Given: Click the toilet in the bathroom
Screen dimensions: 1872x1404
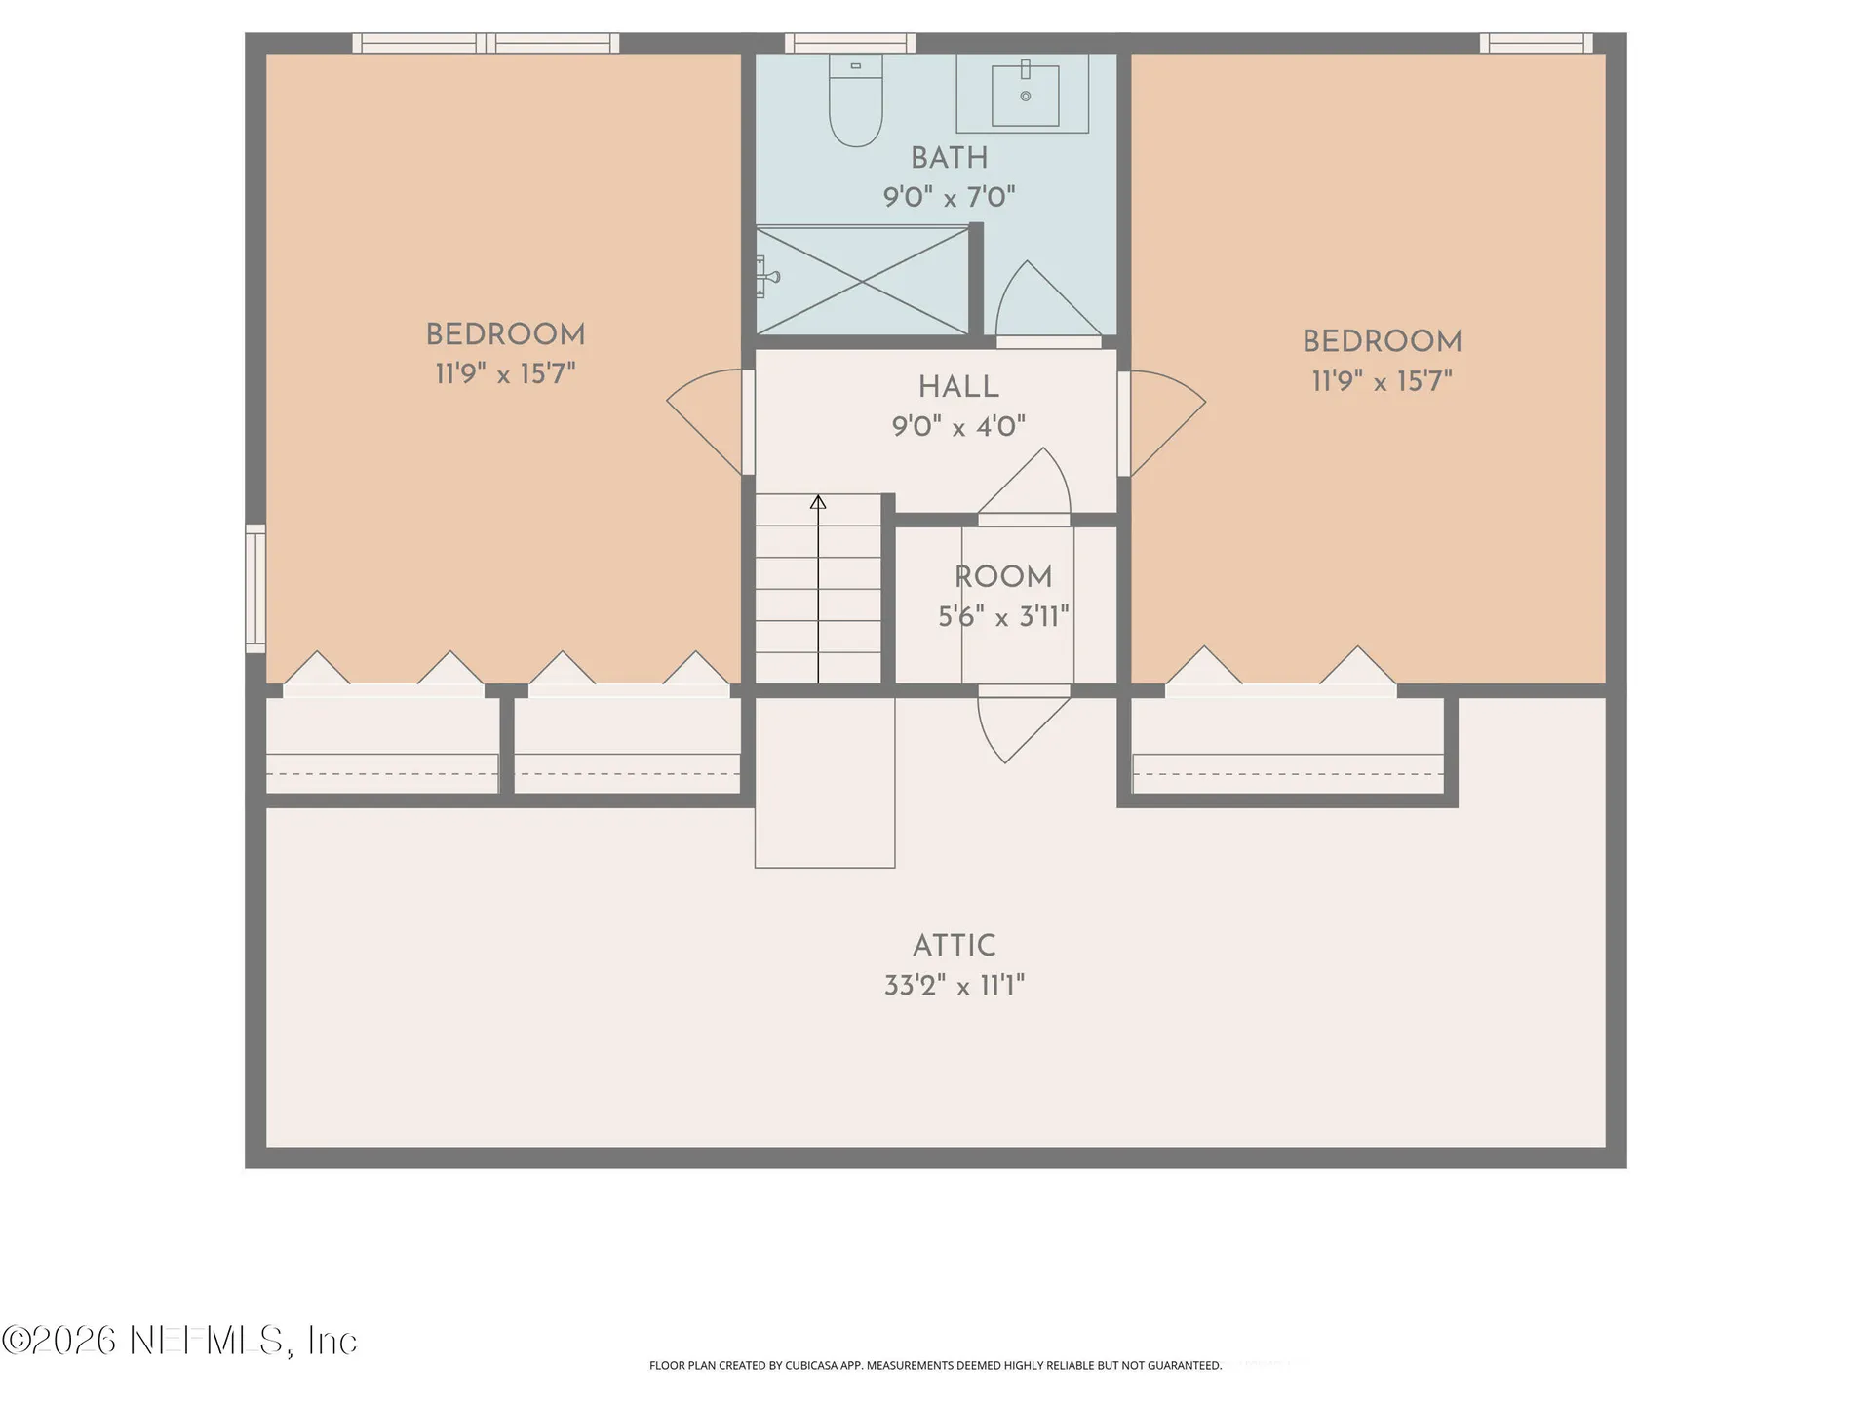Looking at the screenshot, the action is coord(856,99).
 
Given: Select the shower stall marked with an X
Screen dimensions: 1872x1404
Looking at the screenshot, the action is coord(862,281).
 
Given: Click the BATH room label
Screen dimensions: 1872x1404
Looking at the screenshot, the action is coord(950,158).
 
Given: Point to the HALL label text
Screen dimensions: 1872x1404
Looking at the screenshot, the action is coord(958,387).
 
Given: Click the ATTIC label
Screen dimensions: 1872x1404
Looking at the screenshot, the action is coord(955,946).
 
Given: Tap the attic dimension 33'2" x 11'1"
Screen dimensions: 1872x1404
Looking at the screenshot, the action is coord(955,986).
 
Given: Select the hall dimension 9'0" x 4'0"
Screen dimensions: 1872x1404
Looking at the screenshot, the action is coord(958,427).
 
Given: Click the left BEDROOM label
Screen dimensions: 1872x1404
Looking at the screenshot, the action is coord(505,334).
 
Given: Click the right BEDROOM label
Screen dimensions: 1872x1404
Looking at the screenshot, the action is coord(1382,341).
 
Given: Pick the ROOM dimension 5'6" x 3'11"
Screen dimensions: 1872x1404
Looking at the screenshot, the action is coord(1003,616).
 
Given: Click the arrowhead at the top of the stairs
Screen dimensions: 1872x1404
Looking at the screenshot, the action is coord(818,502).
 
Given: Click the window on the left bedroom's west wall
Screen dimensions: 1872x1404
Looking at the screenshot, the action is coord(255,589).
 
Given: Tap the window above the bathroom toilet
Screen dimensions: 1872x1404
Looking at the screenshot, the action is coord(850,43).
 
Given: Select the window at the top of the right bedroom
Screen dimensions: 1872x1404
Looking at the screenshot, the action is coord(1537,43).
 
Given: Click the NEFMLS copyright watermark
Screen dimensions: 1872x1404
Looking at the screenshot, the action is coord(179,1341).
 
